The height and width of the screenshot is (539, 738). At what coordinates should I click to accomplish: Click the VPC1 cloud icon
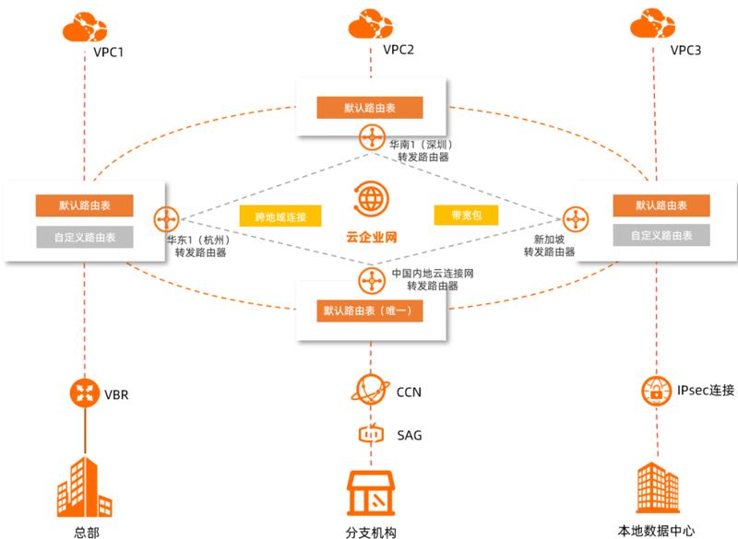click(x=85, y=28)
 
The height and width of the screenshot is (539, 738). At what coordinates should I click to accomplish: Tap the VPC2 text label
click(x=399, y=50)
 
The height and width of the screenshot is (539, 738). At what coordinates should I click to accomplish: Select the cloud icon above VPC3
click(x=653, y=23)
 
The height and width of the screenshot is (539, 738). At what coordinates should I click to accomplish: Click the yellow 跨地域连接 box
click(x=280, y=217)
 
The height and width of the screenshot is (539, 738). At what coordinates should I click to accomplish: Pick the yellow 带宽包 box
click(x=466, y=216)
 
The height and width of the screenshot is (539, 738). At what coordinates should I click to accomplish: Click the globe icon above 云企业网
click(x=372, y=199)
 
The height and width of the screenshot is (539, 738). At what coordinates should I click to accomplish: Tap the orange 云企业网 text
click(x=372, y=237)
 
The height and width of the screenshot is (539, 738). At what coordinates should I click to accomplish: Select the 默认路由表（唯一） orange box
click(x=370, y=311)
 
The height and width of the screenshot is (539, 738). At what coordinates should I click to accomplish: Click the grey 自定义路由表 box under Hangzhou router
click(x=85, y=237)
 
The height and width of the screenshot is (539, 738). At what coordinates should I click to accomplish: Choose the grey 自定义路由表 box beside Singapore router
click(x=661, y=235)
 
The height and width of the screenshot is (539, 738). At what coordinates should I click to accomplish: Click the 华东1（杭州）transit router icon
click(x=167, y=219)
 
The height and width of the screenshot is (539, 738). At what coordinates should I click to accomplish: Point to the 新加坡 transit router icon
click(x=576, y=219)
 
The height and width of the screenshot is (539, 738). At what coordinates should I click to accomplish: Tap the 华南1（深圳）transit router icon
click(x=372, y=137)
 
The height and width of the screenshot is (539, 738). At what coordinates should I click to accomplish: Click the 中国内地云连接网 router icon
click(x=372, y=280)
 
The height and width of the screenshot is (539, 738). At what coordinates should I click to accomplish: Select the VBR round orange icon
click(x=85, y=393)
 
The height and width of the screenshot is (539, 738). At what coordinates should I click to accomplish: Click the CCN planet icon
click(x=371, y=390)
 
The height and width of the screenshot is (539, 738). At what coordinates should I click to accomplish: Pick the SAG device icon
click(x=372, y=434)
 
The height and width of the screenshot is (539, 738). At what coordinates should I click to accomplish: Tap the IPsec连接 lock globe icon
click(x=656, y=391)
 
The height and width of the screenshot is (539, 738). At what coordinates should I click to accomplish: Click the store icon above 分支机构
click(x=371, y=494)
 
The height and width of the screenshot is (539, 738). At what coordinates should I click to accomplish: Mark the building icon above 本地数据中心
click(x=658, y=487)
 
